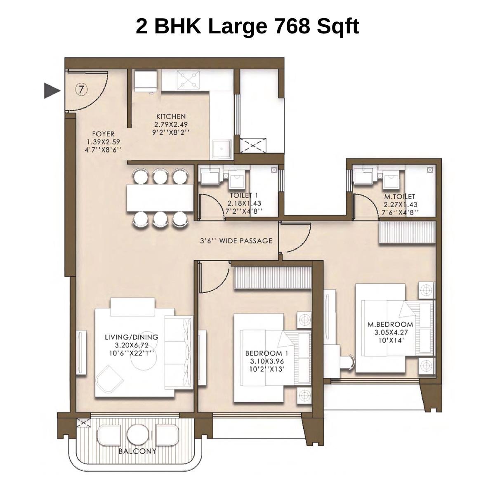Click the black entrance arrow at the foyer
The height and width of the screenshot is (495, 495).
coord(52,90)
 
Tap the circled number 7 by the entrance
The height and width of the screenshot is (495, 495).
coord(82,89)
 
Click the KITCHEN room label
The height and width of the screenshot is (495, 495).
coord(171,117)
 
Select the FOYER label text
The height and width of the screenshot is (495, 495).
coord(103,134)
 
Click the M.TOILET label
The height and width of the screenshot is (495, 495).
coord(400,197)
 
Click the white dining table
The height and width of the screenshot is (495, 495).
coord(160,197)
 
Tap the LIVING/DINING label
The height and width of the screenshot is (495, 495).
coord(131,337)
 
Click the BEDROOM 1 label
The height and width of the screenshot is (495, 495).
coord(267,354)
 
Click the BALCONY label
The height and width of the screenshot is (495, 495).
coord(137,451)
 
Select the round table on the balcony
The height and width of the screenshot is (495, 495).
coord(137,435)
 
